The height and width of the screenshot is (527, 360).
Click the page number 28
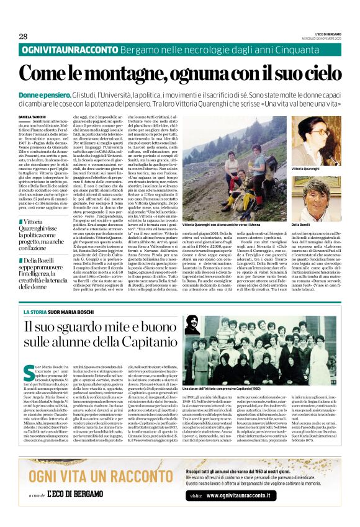pos(23,36)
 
